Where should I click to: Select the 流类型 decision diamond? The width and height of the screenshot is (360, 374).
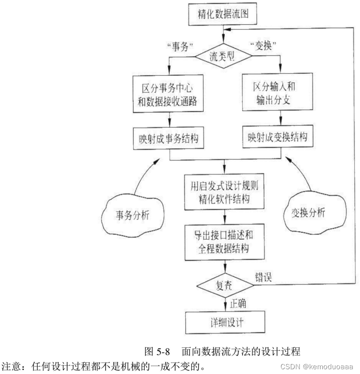coord(224,56)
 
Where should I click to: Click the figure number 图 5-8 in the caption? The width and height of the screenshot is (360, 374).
coord(160,353)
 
